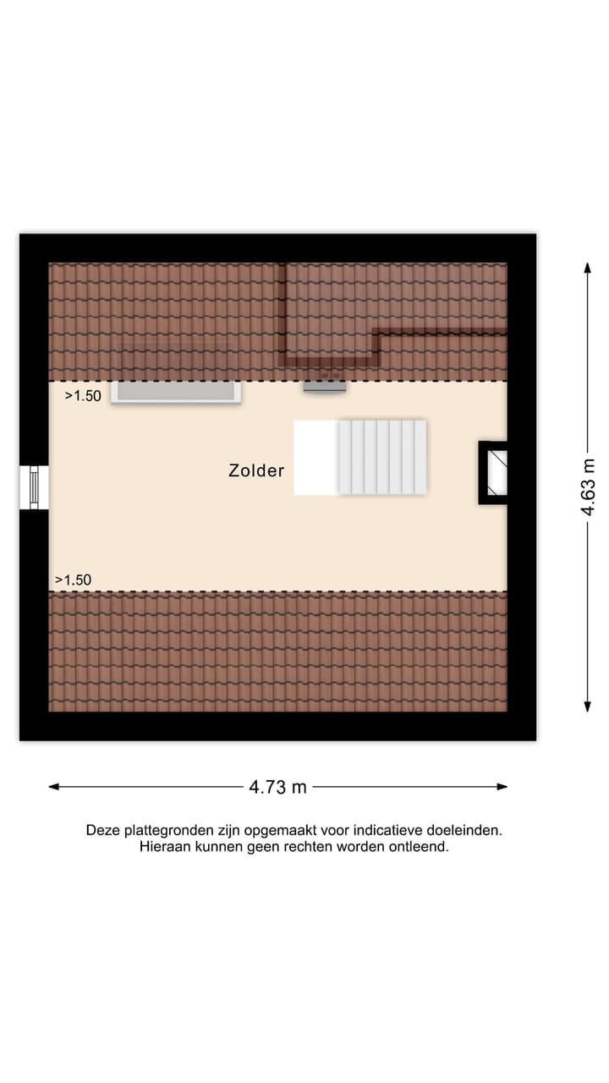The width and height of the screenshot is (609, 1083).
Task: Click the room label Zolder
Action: tap(256, 471)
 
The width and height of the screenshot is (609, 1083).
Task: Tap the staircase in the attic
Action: tap(382, 457)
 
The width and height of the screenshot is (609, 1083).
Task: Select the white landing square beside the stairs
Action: tap(315, 457)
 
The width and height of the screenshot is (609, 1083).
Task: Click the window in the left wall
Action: tap(34, 488)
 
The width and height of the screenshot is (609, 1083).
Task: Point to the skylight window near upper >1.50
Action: tap(176, 392)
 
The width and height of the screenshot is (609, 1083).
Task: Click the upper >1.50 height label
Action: tap(83, 395)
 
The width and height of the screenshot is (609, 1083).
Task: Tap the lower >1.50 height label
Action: tap(73, 580)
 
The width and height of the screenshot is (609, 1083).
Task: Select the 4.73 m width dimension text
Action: tap(277, 787)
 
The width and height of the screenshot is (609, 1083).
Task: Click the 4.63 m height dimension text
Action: tap(589, 487)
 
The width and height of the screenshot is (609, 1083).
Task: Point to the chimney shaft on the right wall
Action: tap(494, 472)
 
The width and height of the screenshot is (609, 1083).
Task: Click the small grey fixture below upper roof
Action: tap(325, 387)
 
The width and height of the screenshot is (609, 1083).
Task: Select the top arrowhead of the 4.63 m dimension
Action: tap(588, 267)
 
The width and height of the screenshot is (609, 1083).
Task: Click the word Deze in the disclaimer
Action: tap(102, 831)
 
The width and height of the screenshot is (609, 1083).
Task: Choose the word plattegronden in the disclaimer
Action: tap(165, 831)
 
